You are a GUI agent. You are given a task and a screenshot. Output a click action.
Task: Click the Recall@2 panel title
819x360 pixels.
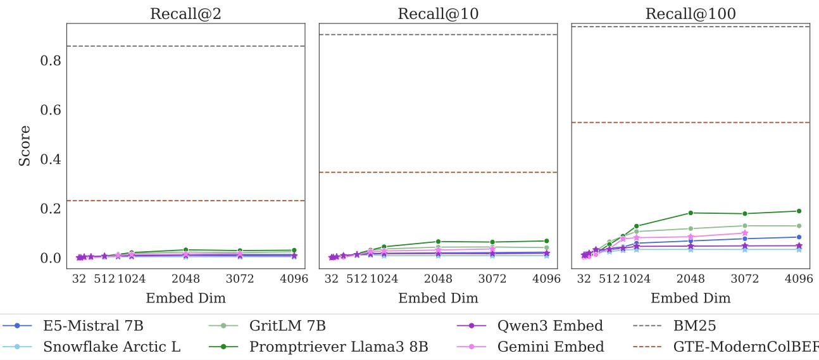pos(185,14)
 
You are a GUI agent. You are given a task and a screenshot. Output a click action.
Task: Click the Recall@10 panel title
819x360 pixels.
pos(438,14)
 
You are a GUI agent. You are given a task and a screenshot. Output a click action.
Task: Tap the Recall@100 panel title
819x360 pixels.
pos(691,14)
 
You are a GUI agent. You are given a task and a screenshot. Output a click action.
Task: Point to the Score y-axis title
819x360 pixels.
pos(25,146)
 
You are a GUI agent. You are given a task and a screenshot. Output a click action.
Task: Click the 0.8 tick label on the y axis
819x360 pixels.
pos(51,61)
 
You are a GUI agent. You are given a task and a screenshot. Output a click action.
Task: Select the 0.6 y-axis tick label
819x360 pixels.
pos(51,110)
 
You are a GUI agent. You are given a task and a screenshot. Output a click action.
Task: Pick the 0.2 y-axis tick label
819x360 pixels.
pos(51,209)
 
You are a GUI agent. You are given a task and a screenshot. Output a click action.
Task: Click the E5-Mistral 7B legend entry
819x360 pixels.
pos(93,326)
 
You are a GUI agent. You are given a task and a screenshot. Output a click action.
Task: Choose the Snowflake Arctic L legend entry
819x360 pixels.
pos(111,347)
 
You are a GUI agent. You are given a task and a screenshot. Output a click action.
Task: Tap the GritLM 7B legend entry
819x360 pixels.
pos(287,326)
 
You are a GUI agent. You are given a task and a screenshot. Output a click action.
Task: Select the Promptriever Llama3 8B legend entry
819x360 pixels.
pos(338,347)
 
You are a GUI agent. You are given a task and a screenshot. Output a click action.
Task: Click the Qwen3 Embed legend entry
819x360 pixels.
pos(549,326)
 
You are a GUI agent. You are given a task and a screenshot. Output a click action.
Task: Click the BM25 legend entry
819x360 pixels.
pos(694,326)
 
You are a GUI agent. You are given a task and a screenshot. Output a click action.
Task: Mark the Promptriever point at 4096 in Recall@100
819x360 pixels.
pos(799,211)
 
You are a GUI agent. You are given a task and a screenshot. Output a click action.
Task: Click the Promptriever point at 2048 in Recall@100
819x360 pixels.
pos(691,213)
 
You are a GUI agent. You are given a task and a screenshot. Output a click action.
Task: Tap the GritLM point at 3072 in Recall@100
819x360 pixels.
pos(745,226)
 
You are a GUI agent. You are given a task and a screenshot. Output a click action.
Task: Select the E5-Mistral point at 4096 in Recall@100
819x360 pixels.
pos(799,237)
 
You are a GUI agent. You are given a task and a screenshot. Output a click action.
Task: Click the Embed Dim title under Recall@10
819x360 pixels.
pos(438,298)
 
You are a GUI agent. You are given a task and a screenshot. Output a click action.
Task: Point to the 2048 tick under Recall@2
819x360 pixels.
pos(185,279)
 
